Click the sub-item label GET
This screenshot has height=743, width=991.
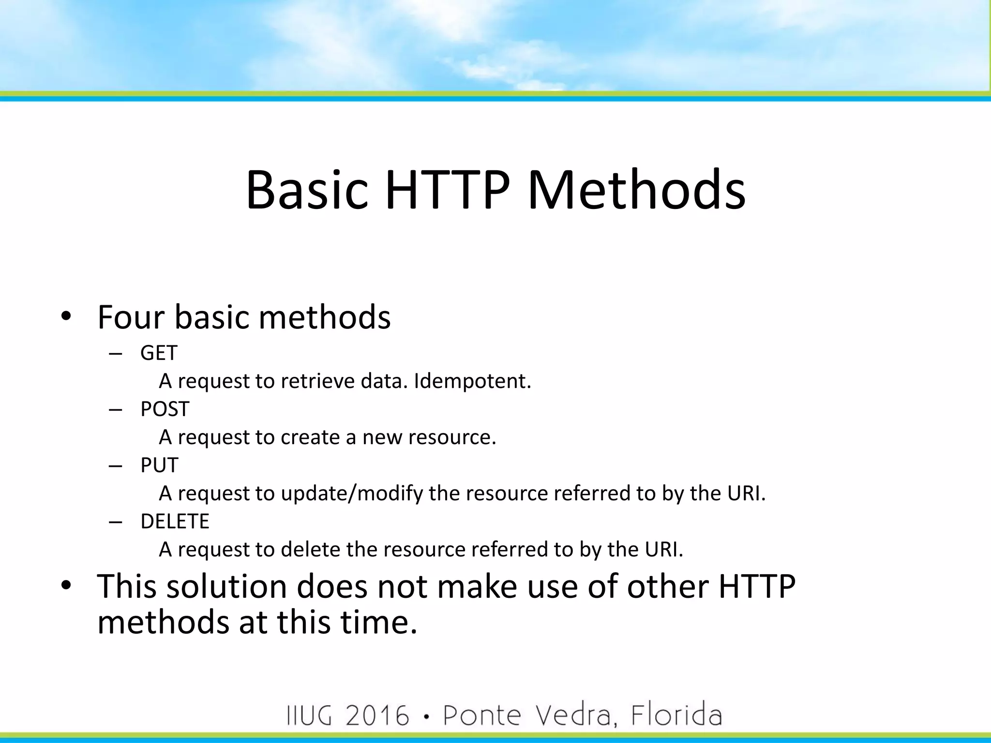(159, 353)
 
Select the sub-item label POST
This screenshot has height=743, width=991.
(165, 409)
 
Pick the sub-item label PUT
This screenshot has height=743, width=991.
(159, 465)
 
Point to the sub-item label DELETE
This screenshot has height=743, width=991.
(175, 521)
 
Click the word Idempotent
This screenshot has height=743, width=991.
(472, 381)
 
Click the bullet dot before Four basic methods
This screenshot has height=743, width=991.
(66, 316)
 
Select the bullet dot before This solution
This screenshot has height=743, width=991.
(66, 585)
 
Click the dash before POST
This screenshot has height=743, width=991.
(116, 410)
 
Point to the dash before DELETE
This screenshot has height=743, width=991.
(116, 522)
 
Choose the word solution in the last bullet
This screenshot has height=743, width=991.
(226, 586)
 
